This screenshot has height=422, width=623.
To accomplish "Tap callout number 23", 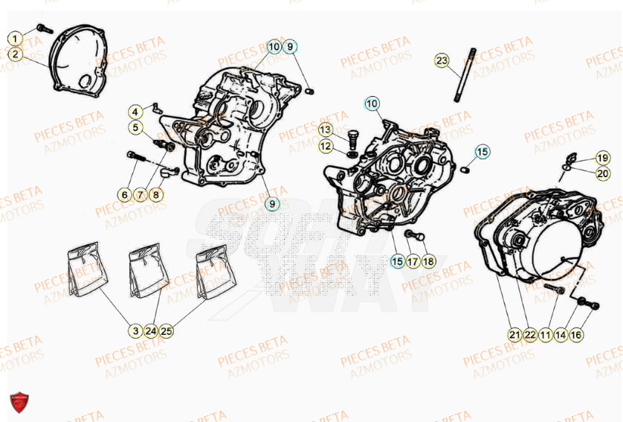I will click(x=442, y=60).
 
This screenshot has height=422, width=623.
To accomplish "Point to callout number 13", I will click(x=326, y=130).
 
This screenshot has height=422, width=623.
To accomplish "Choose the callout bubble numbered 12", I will click(x=326, y=146).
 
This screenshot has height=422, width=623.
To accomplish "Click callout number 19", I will click(x=602, y=158).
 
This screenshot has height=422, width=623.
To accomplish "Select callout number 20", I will click(x=602, y=173).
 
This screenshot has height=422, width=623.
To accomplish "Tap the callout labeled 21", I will click(x=514, y=335).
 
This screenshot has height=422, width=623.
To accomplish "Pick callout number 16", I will click(x=576, y=335).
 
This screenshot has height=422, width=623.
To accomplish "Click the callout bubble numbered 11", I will click(x=546, y=335).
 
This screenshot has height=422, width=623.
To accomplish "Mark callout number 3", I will click(x=135, y=330).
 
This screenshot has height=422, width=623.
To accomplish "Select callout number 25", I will click(x=167, y=330).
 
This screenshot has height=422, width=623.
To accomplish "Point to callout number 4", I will click(x=135, y=112).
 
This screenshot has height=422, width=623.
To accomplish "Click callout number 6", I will click(x=124, y=195).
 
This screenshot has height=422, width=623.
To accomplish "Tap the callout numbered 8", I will click(x=155, y=195).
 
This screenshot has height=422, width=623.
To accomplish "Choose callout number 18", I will click(x=428, y=261).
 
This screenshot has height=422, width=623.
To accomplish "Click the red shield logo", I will click(x=20, y=404).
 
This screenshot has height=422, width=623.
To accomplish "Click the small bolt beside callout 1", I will click(x=43, y=28).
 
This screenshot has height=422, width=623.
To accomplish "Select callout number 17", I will click(x=413, y=261).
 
